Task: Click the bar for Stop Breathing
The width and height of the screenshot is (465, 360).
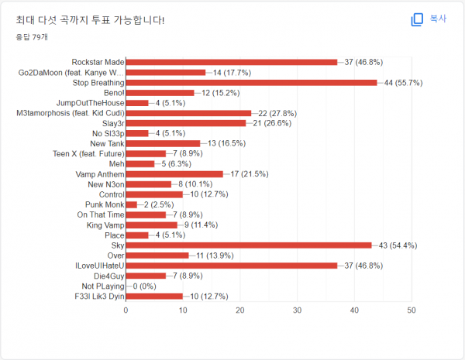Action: click(251, 82)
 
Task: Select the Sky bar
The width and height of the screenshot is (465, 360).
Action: click(248, 245)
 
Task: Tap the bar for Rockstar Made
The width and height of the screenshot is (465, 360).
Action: click(231, 62)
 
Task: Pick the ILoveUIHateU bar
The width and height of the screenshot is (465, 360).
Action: click(231, 266)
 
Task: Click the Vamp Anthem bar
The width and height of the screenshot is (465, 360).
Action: click(174, 173)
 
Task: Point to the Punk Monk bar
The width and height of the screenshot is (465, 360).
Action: click(131, 204)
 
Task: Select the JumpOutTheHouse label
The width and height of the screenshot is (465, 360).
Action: click(90, 102)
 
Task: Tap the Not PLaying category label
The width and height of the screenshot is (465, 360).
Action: click(99, 286)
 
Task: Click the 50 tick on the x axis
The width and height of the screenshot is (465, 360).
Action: click(411, 310)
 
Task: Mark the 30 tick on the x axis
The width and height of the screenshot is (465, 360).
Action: click(297, 310)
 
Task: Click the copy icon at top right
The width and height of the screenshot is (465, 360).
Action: click(417, 19)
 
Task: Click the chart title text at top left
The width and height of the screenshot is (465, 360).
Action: click(90, 19)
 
